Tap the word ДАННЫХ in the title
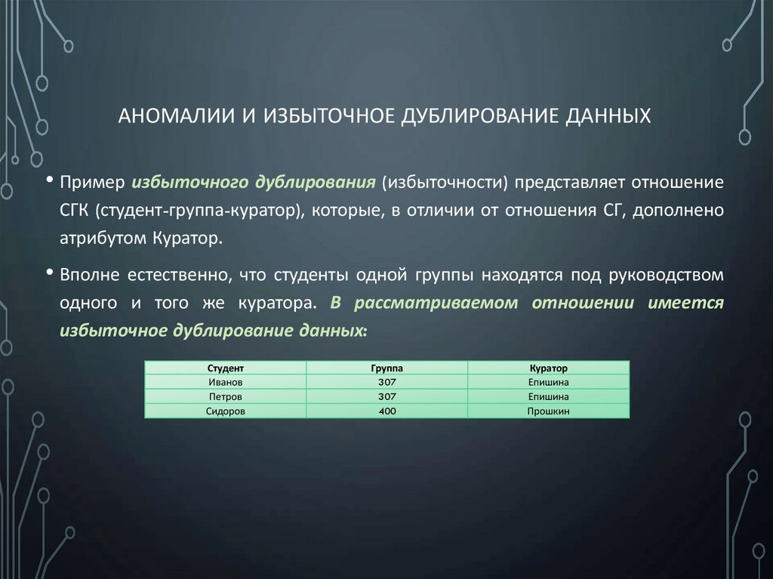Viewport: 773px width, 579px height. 605,117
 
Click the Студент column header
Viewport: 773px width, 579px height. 225,368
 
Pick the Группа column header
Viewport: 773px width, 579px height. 386,368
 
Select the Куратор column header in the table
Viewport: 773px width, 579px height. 548,368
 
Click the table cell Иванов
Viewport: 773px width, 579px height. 225,382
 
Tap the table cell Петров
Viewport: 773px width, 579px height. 225,396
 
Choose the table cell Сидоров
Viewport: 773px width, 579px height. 225,411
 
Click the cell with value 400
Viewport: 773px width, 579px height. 386,411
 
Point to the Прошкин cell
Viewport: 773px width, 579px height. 548,411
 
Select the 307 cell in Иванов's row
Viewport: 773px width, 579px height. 386,382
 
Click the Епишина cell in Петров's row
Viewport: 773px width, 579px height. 548,396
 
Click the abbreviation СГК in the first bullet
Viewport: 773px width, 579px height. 75,211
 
